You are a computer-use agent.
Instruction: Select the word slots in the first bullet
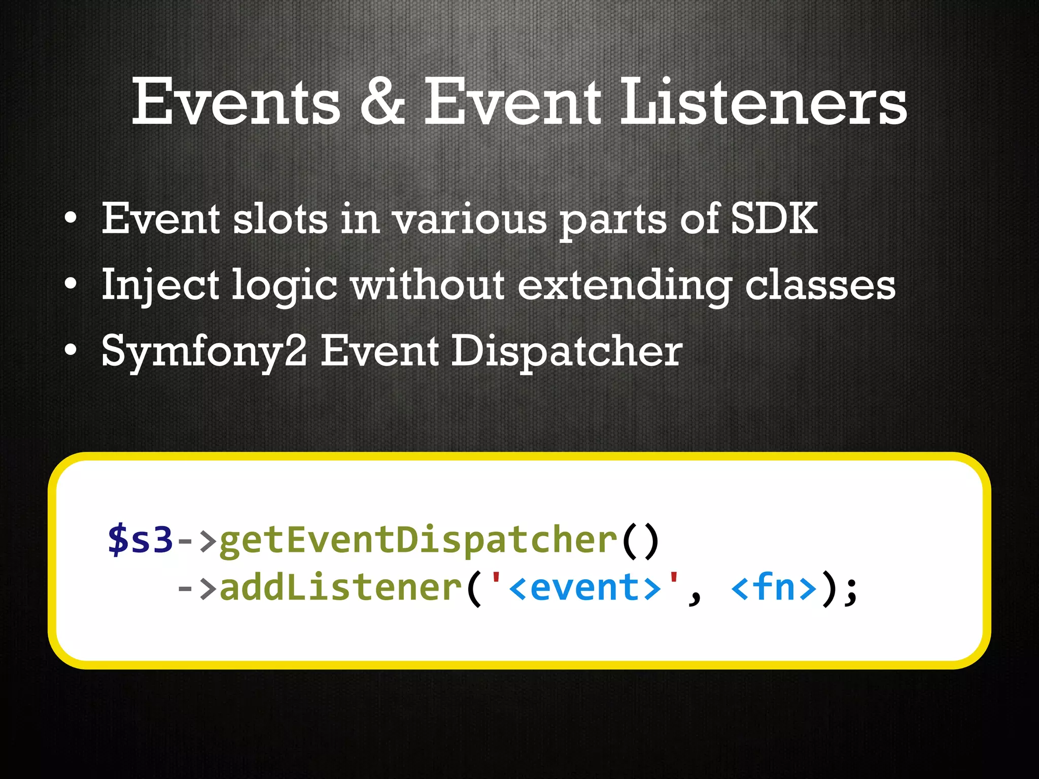(x=280, y=219)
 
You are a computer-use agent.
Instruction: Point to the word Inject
(x=160, y=285)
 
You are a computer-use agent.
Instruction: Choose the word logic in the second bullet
(x=284, y=285)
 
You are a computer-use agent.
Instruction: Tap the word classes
(x=820, y=285)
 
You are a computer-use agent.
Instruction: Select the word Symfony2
(x=204, y=351)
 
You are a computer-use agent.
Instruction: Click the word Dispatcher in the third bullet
(x=566, y=351)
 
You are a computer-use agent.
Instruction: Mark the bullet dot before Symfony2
(x=71, y=350)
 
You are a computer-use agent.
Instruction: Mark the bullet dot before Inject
(x=71, y=284)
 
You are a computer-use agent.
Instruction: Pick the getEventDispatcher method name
(x=418, y=540)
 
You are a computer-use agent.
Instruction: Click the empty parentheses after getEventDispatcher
(x=640, y=540)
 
